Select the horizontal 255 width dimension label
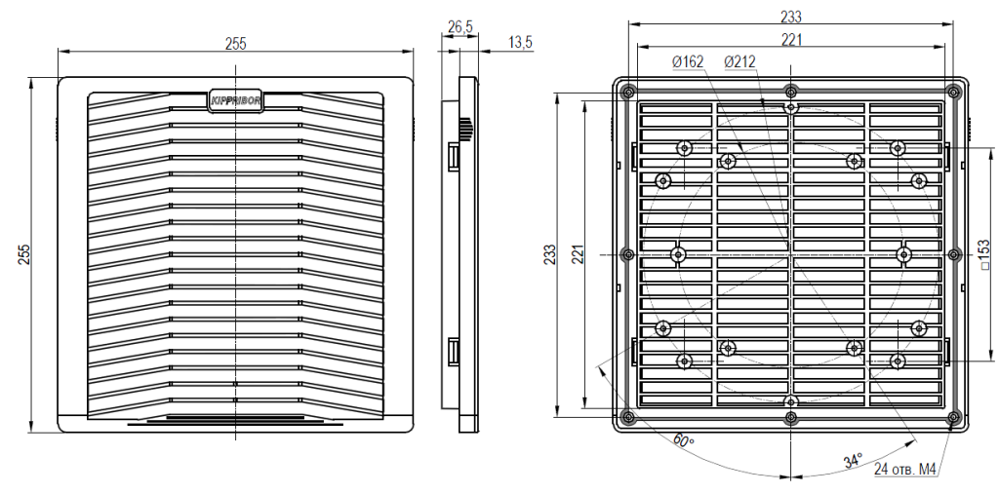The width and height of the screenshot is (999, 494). click(235, 43)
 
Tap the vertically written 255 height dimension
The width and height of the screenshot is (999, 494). click(23, 254)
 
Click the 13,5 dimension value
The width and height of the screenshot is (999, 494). click(520, 41)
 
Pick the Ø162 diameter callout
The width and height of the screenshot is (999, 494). click(688, 62)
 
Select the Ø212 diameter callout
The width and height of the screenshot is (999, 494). click(739, 62)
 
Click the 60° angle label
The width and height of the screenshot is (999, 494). click(684, 440)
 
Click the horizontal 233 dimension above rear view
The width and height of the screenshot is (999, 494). click(791, 17)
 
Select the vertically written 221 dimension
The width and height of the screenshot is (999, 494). click(577, 254)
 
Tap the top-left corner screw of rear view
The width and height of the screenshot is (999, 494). click(627, 92)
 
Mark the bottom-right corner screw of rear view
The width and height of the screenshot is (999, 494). click(953, 418)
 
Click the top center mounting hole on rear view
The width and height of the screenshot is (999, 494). click(791, 106)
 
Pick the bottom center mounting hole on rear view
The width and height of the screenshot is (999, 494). click(791, 401)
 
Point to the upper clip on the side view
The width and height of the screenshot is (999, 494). click(453, 156)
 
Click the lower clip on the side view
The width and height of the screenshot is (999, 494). click(453, 350)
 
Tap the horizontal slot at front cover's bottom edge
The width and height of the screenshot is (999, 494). click(235, 422)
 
